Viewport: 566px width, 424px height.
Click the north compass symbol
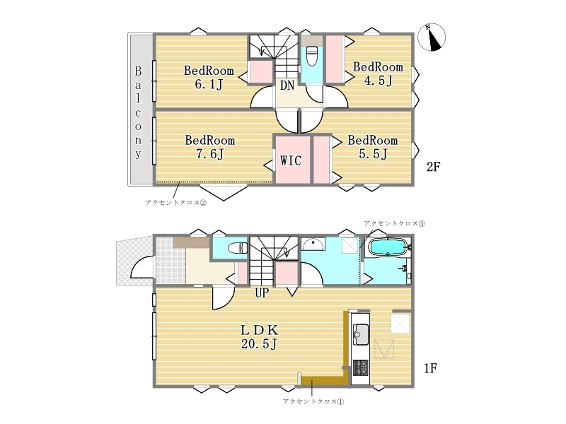click(432, 37)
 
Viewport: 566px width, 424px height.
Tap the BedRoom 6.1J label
click(209, 77)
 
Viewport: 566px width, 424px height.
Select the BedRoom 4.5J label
click(378, 73)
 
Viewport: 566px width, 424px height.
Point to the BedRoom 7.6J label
click(209, 147)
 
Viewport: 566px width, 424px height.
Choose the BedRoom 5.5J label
click(373, 147)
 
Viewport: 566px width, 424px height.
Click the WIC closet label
click(291, 160)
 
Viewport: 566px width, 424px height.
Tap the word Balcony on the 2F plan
click(138, 112)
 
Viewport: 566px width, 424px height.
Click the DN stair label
click(287, 86)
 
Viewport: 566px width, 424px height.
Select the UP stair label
click(262, 293)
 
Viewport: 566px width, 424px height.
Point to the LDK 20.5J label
click(259, 337)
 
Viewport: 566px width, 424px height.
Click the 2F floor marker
click(433, 167)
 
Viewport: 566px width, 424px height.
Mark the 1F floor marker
click(430, 368)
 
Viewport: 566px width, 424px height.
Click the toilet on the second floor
click(312, 56)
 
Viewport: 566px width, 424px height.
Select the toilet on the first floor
click(238, 248)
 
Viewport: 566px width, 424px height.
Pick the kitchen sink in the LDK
click(361, 334)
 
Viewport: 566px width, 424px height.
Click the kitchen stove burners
click(361, 367)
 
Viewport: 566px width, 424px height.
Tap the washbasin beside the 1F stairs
click(313, 244)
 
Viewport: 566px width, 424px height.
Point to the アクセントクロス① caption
click(313, 401)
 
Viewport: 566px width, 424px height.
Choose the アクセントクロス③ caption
click(394, 223)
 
